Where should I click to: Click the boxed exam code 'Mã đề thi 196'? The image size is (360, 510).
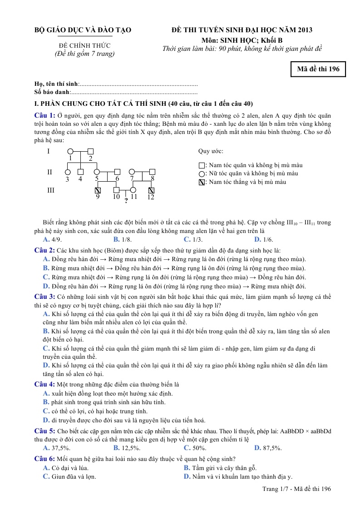[318, 69]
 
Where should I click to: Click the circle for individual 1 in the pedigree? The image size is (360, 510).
[70, 151]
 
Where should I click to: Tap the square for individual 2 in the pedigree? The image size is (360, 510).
[90, 151]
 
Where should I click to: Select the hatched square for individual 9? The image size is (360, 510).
[98, 190]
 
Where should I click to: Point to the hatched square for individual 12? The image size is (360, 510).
[151, 190]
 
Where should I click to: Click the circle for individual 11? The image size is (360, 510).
[133, 190]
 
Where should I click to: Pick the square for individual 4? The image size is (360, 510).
[80, 172]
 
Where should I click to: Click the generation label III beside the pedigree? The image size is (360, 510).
[51, 190]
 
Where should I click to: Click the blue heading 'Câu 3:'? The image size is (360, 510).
[45, 297]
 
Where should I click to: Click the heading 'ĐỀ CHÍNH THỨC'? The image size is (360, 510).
[84, 45]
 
